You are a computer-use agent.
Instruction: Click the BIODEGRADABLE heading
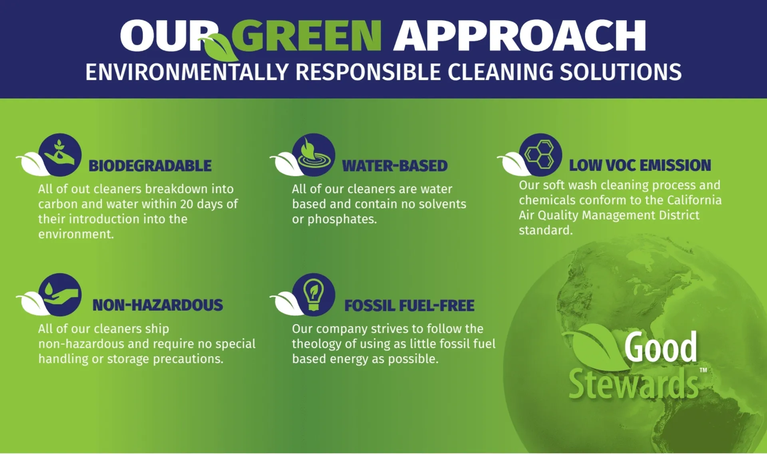coord(150,166)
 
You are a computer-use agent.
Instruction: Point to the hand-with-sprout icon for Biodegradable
coord(60,155)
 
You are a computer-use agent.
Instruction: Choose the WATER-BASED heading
coord(395,166)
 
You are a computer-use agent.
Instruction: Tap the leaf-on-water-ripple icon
coord(314,155)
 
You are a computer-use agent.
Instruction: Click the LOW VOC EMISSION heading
coord(640,165)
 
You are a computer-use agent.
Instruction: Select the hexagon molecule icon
coord(540,155)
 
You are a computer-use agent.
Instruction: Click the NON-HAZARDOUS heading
coord(157,305)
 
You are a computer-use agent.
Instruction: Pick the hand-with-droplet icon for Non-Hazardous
coord(60,295)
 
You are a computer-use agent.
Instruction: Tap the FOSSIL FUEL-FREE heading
coord(409,306)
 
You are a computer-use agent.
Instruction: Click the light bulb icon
coord(314,295)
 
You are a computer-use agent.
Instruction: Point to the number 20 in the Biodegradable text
coord(187,204)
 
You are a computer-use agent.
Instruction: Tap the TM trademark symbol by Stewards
coord(703,370)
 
